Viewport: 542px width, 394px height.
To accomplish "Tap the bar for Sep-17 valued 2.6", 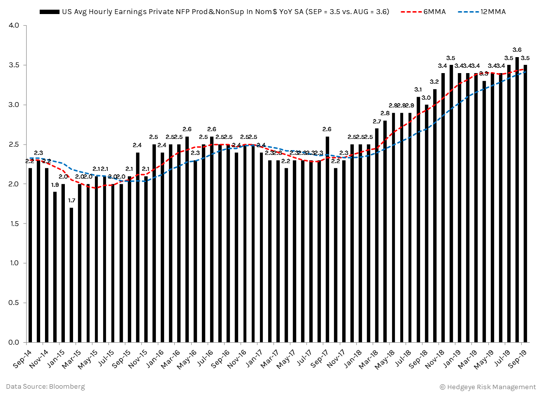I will pyautogui.click(x=328, y=239).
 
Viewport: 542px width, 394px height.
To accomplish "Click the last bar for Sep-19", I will pyautogui.click(x=526, y=203).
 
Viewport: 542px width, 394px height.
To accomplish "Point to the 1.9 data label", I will pyautogui.click(x=55, y=185).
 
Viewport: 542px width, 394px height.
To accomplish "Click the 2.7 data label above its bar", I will pyautogui.click(x=377, y=121).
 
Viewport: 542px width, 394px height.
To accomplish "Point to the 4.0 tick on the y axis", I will pyautogui.click(x=13, y=25).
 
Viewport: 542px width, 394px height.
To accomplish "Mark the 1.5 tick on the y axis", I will pyautogui.click(x=13, y=224).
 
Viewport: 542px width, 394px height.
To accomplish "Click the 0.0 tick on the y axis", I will pyautogui.click(x=13, y=343).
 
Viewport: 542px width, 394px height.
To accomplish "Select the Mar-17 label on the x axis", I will pyautogui.click(x=269, y=359).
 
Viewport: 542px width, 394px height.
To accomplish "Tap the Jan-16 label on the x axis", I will pyautogui.click(x=154, y=359).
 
